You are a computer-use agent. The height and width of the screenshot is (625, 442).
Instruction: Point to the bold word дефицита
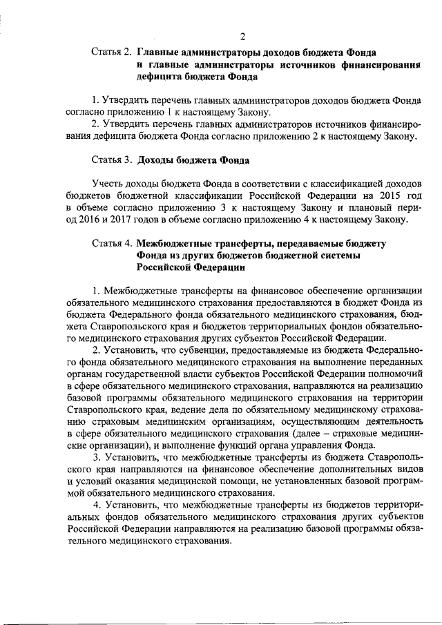point(160,78)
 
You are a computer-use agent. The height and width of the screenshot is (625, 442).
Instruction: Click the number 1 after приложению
point(170,113)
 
